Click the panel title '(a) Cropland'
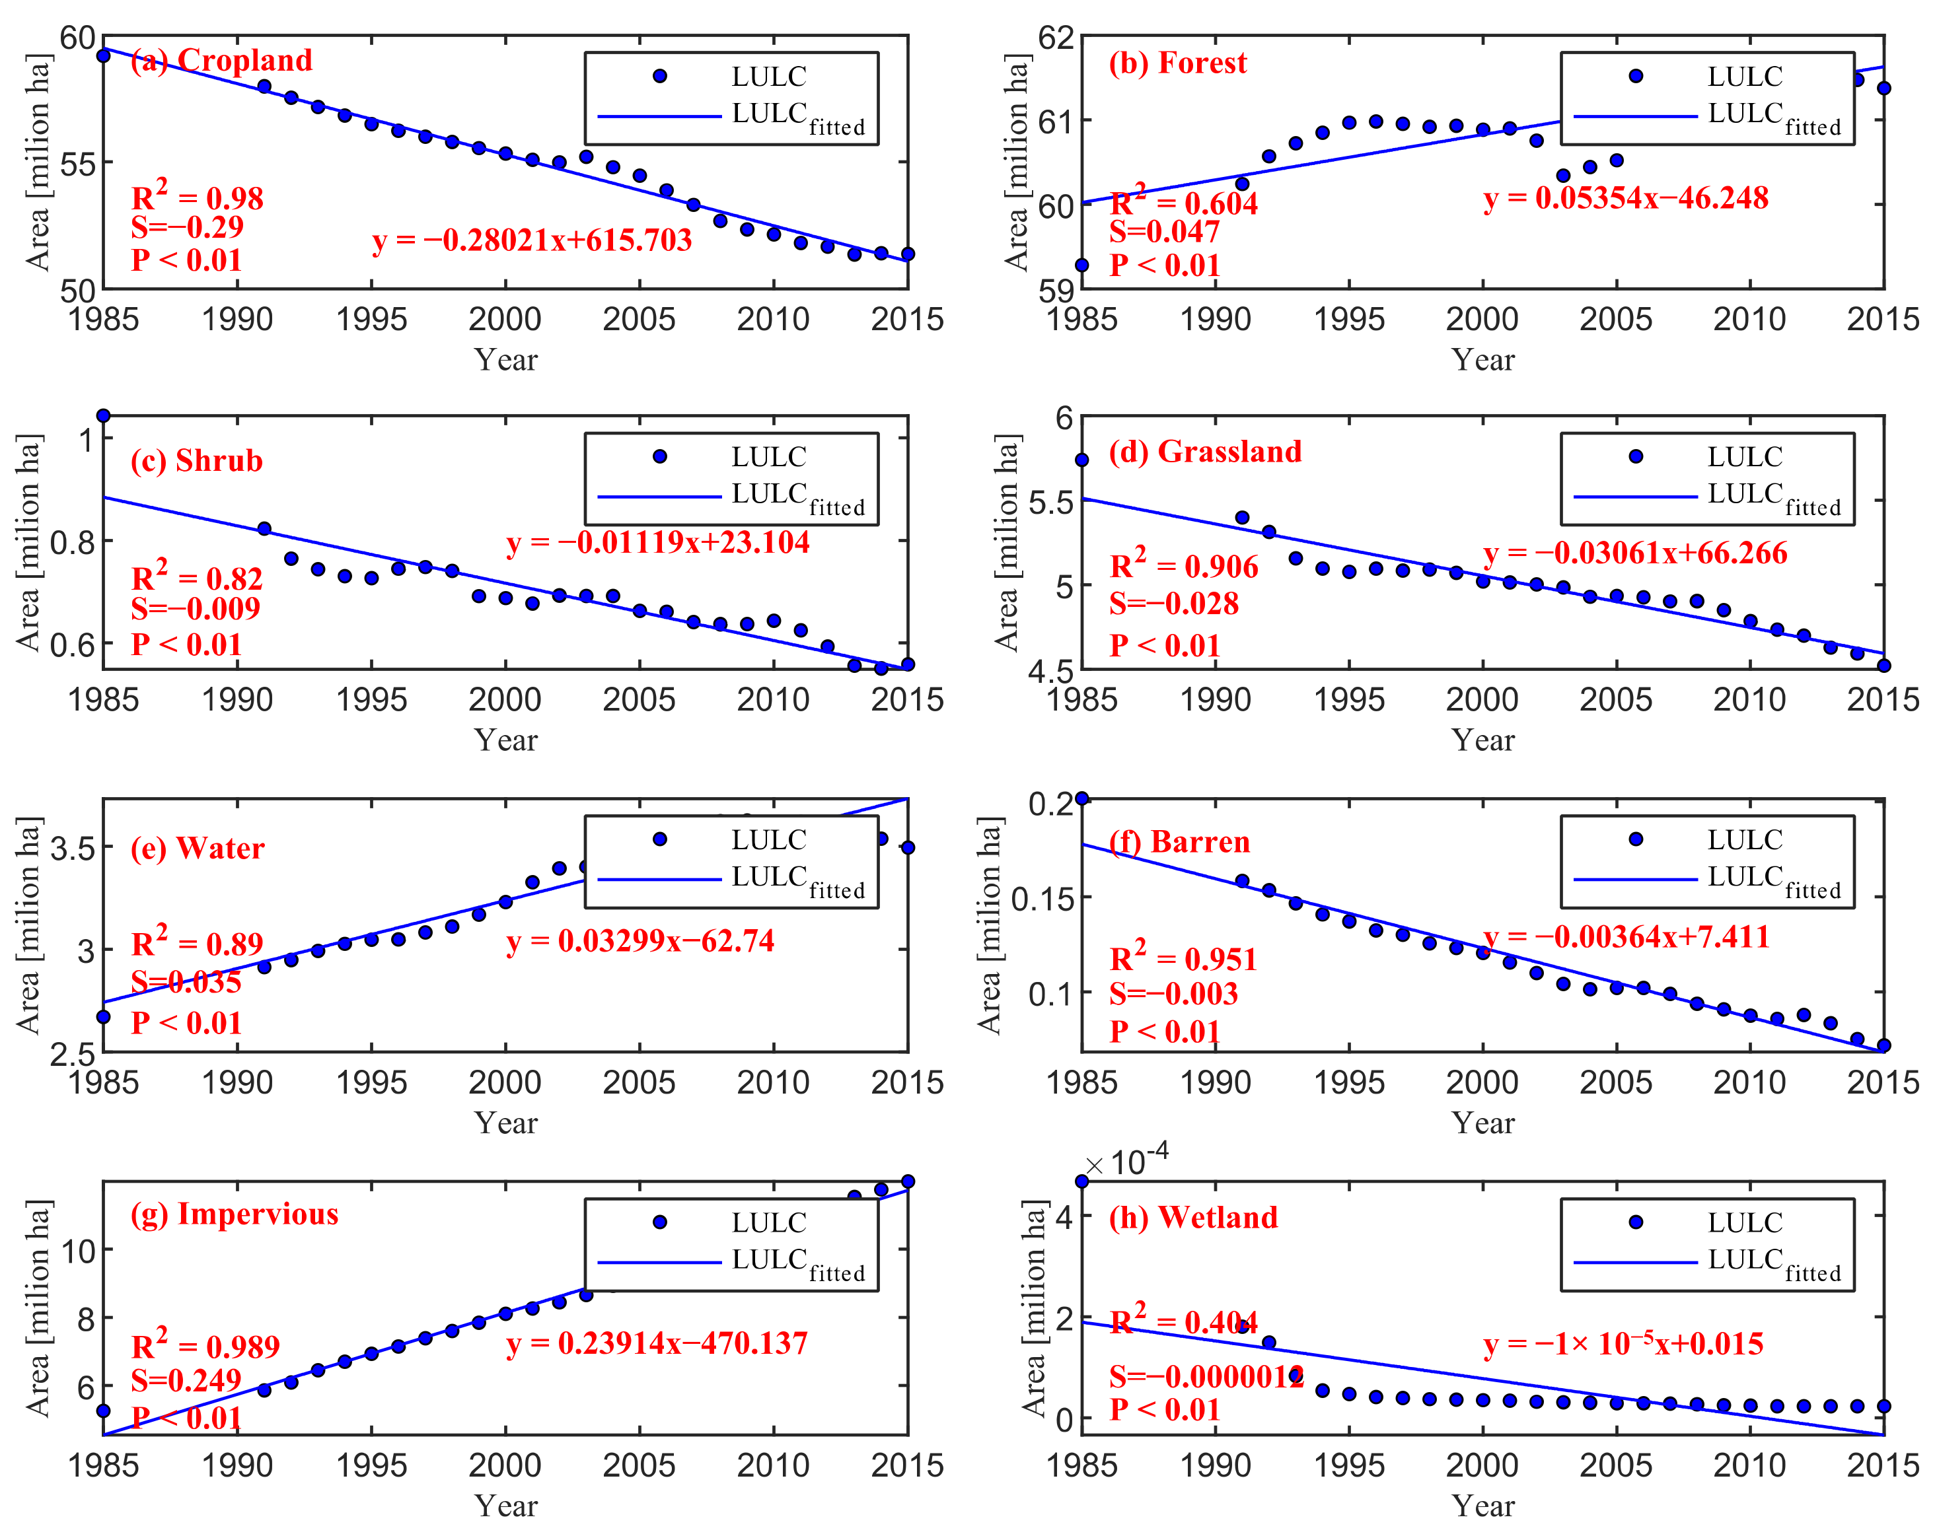(x=221, y=60)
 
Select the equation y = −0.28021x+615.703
(x=532, y=240)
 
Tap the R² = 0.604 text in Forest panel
(x=1183, y=201)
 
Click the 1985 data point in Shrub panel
(x=103, y=416)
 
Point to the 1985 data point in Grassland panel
(x=1081, y=460)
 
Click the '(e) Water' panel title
(x=198, y=848)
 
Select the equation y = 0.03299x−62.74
(x=640, y=940)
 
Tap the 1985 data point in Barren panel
(x=1081, y=798)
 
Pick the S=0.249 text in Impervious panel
(x=186, y=1380)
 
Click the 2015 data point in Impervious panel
(x=908, y=1181)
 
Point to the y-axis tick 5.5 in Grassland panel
(x=1050, y=502)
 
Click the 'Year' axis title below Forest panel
(x=1482, y=360)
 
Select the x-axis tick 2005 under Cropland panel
(x=639, y=319)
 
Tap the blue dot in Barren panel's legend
(x=1635, y=839)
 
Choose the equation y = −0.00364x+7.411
(x=1625, y=936)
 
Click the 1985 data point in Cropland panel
(x=103, y=55)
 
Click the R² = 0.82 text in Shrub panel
(x=197, y=577)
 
